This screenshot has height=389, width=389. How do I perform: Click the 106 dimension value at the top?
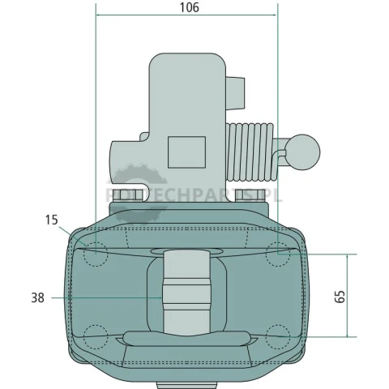point(190,7)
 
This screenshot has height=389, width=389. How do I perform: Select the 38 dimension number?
point(37,297)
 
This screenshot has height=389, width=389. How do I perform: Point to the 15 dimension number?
point(51,220)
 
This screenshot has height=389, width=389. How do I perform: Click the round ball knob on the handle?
point(302,152)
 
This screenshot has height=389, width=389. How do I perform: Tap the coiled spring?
point(250,152)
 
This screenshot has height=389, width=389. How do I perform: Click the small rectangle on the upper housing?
point(186,152)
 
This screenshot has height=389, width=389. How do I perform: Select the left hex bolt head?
point(127,195)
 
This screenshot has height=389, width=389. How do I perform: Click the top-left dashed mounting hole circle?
point(96,254)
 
